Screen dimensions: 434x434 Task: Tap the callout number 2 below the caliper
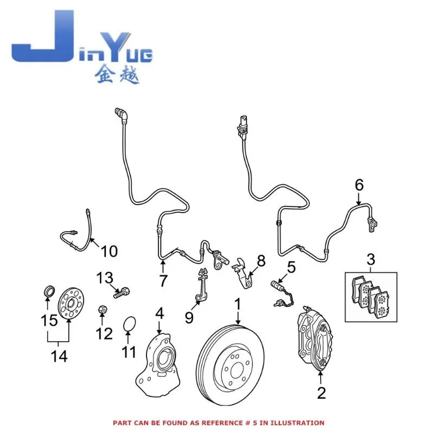[x=321, y=393]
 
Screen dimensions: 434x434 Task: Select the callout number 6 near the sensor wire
[x=359, y=185]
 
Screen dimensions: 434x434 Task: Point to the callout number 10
[x=109, y=251]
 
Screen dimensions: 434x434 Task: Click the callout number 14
[x=59, y=356]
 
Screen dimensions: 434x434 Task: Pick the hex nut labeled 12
[x=103, y=309]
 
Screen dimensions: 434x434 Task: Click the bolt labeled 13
[x=122, y=292]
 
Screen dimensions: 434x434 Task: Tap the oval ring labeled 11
[x=129, y=324]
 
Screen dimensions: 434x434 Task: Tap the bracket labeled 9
[x=202, y=285]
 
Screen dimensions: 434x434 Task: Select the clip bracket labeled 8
[x=242, y=273]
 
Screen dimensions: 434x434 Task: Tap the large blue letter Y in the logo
[x=115, y=47]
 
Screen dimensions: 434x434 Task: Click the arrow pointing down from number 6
[x=359, y=199]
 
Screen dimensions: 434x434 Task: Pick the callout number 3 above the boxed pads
[x=371, y=260]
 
